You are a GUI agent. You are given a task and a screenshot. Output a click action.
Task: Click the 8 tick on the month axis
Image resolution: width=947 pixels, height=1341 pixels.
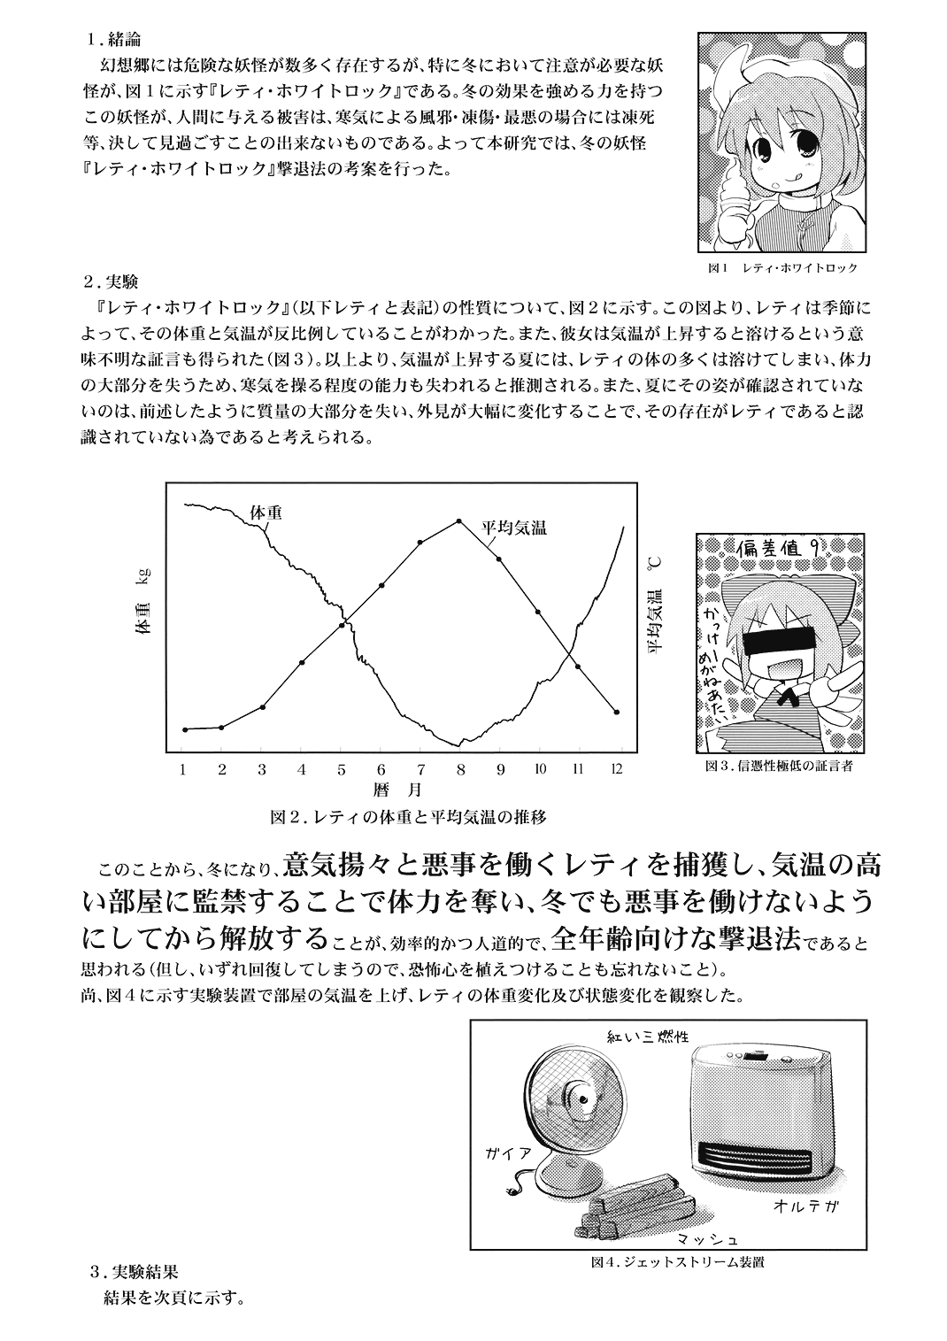click(x=460, y=769)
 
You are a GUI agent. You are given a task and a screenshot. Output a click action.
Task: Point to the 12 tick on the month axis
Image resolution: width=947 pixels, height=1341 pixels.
click(x=616, y=769)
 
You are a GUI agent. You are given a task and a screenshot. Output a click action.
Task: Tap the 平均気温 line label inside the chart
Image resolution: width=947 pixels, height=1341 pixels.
click(x=514, y=527)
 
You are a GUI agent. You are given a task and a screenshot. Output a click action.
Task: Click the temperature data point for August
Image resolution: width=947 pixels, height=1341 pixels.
click(x=458, y=521)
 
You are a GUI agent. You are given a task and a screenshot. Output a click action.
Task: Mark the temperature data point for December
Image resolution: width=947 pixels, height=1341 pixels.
click(x=616, y=712)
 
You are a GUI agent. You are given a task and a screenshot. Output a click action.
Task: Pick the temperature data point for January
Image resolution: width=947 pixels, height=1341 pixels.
click(x=184, y=729)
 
